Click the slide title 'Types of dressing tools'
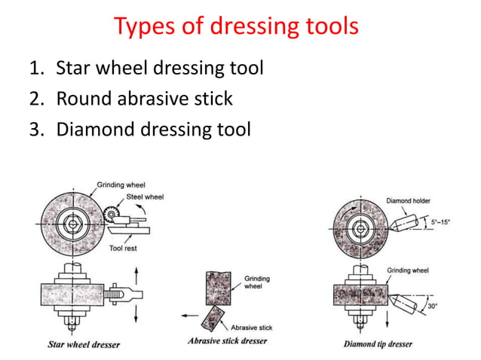pyautogui.click(x=236, y=28)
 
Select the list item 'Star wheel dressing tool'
pyautogui.click(x=160, y=69)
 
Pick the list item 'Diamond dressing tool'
pyautogui.click(x=153, y=129)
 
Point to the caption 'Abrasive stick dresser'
pyautogui.click(x=227, y=341)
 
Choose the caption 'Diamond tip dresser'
pyautogui.click(x=379, y=344)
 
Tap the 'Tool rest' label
pyautogui.click(x=123, y=248)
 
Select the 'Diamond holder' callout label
pyautogui.click(x=409, y=201)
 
